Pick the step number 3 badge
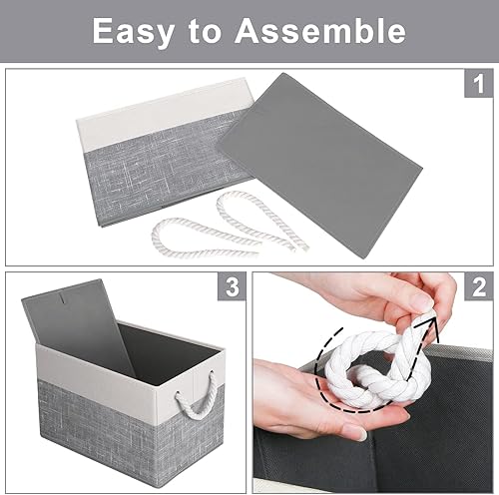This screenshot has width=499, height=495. [232, 289]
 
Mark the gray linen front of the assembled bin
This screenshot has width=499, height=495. [110, 439]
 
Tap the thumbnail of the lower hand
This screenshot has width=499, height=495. [353, 432]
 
